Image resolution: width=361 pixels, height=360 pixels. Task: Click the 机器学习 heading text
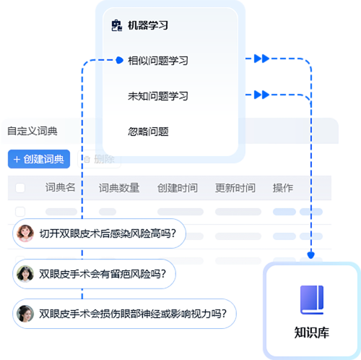tap(148, 25)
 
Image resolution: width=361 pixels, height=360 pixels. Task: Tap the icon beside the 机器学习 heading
tap(117, 25)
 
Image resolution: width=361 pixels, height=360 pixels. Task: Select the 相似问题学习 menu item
tap(158, 61)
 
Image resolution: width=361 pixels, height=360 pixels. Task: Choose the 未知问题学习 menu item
tap(158, 96)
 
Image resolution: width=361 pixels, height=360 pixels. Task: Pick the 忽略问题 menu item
tap(148, 132)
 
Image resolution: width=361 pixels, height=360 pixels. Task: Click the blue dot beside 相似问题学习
tap(119, 60)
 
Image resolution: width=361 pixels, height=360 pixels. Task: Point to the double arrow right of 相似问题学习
tap(261, 59)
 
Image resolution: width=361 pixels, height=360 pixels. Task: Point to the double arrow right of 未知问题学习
tap(261, 95)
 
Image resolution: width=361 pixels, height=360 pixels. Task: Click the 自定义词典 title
tap(32, 131)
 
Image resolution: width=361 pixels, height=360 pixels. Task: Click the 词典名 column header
tap(61, 187)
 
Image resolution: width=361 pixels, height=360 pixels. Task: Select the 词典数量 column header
tap(119, 188)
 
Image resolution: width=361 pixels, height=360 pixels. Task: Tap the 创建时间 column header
tap(178, 188)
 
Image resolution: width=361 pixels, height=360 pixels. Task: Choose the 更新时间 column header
tap(235, 188)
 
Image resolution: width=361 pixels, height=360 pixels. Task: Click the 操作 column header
tap(283, 188)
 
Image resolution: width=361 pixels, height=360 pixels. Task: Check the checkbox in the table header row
tap(20, 188)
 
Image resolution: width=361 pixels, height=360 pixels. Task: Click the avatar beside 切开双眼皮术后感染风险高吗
tap(25, 233)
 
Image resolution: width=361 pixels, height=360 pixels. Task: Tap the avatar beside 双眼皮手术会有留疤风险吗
tap(25, 274)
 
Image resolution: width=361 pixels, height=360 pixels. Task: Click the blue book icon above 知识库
tap(312, 300)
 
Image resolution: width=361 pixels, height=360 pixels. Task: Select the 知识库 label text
tap(312, 333)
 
